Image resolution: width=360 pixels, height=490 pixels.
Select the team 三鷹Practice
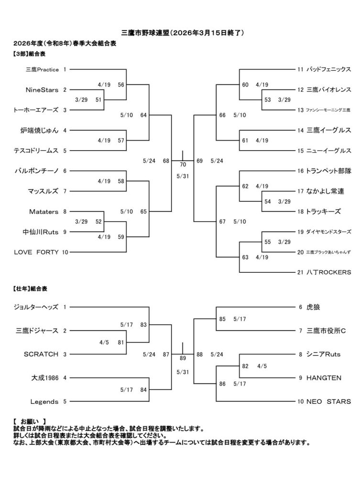[42, 69]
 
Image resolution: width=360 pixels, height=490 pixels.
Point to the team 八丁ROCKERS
[329, 272]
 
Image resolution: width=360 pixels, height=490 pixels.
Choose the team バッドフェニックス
[329, 69]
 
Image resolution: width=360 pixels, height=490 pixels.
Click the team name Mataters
[44, 211]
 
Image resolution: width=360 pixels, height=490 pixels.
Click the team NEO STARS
[329, 401]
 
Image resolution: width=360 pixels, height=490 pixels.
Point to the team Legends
[44, 401]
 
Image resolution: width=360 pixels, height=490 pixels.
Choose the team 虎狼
[313, 307]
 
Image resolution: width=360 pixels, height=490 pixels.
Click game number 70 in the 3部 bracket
[183, 164]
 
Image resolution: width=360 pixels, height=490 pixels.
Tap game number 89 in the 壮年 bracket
[183, 357]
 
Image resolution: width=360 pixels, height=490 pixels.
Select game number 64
[143, 115]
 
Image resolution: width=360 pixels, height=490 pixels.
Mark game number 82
[245, 366]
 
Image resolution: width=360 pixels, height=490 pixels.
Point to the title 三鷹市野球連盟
[142, 33]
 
